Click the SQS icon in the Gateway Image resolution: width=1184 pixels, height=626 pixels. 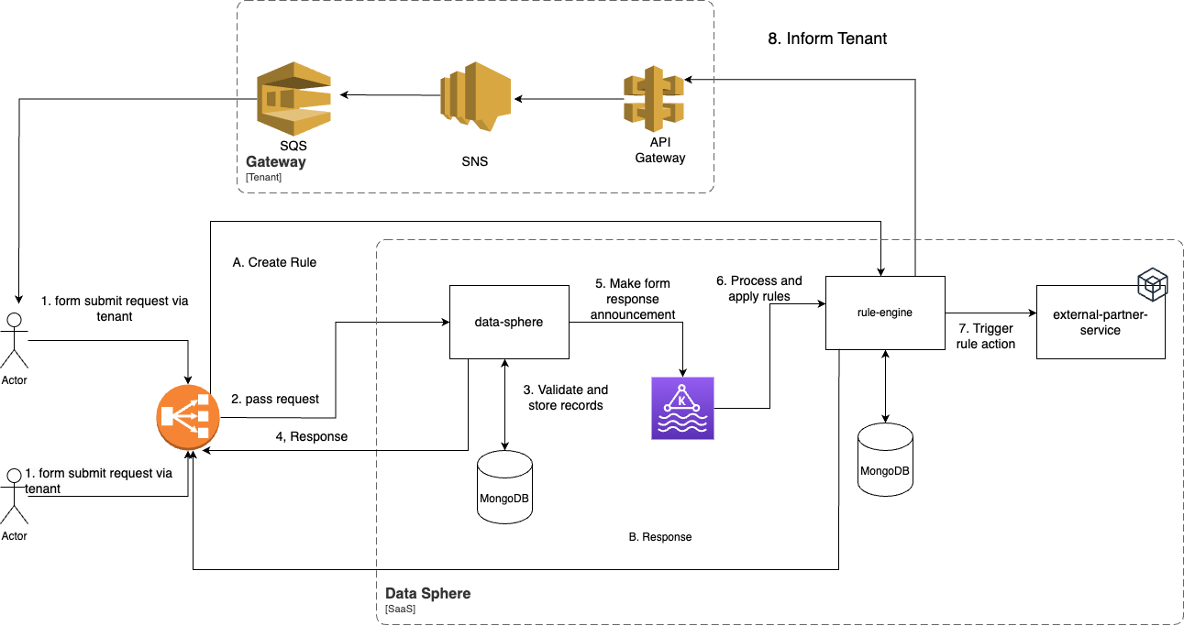click(x=293, y=99)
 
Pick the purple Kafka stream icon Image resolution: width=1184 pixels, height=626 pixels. click(x=682, y=408)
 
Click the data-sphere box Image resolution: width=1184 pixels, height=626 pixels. click(x=508, y=322)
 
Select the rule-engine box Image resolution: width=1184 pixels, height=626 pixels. click(x=884, y=313)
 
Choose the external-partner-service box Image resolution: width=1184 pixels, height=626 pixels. click(x=1100, y=322)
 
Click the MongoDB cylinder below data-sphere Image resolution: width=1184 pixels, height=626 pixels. click(x=504, y=487)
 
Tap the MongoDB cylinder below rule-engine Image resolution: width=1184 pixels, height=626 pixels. click(x=885, y=459)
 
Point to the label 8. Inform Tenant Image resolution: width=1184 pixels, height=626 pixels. click(x=826, y=38)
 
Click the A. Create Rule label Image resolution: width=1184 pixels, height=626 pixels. click(x=274, y=262)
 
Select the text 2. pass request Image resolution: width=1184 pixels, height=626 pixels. click(x=274, y=399)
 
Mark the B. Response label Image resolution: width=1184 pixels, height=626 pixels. click(x=659, y=537)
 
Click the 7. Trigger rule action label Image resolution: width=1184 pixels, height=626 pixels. click(x=987, y=336)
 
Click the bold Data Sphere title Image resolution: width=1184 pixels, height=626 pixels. click(x=427, y=593)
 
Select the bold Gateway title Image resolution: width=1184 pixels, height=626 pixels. click(x=275, y=162)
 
